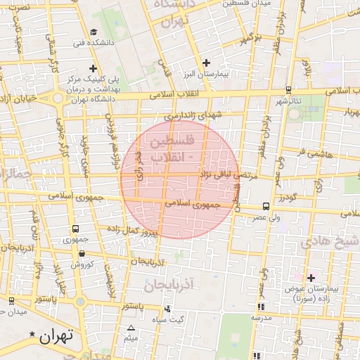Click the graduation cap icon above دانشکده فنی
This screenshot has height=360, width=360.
point(94,32)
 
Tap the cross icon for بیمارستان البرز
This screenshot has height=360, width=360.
point(205,63)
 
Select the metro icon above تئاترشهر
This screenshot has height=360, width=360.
point(289,89)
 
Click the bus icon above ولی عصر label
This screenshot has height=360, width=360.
point(266,207)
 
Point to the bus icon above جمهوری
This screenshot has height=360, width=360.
point(75,229)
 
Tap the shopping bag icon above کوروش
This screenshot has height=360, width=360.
point(82,254)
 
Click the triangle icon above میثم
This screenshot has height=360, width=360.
point(131,328)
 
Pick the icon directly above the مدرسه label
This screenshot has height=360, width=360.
point(261,307)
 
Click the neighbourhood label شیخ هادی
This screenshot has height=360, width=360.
point(330,243)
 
